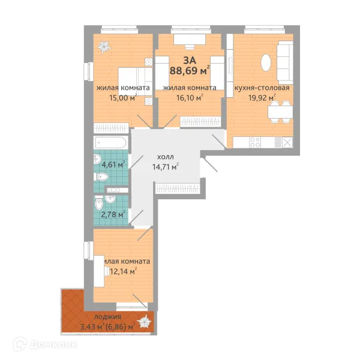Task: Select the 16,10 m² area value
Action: [186, 97]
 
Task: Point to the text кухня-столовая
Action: [262, 87]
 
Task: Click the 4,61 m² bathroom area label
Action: [113, 164]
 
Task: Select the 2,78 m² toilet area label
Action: [113, 213]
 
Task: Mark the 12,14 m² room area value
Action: [123, 272]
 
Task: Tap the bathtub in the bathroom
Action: [110, 143]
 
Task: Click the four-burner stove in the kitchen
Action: [254, 143]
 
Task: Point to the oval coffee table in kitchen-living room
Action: [266, 62]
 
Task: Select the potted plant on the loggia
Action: [144, 323]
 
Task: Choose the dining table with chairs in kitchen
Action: [275, 110]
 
